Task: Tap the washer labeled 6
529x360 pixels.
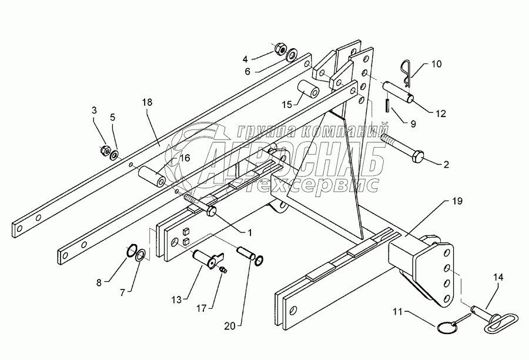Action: point(290,56)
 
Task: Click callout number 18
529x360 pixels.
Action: point(146,102)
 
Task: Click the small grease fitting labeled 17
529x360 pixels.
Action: point(223,269)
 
